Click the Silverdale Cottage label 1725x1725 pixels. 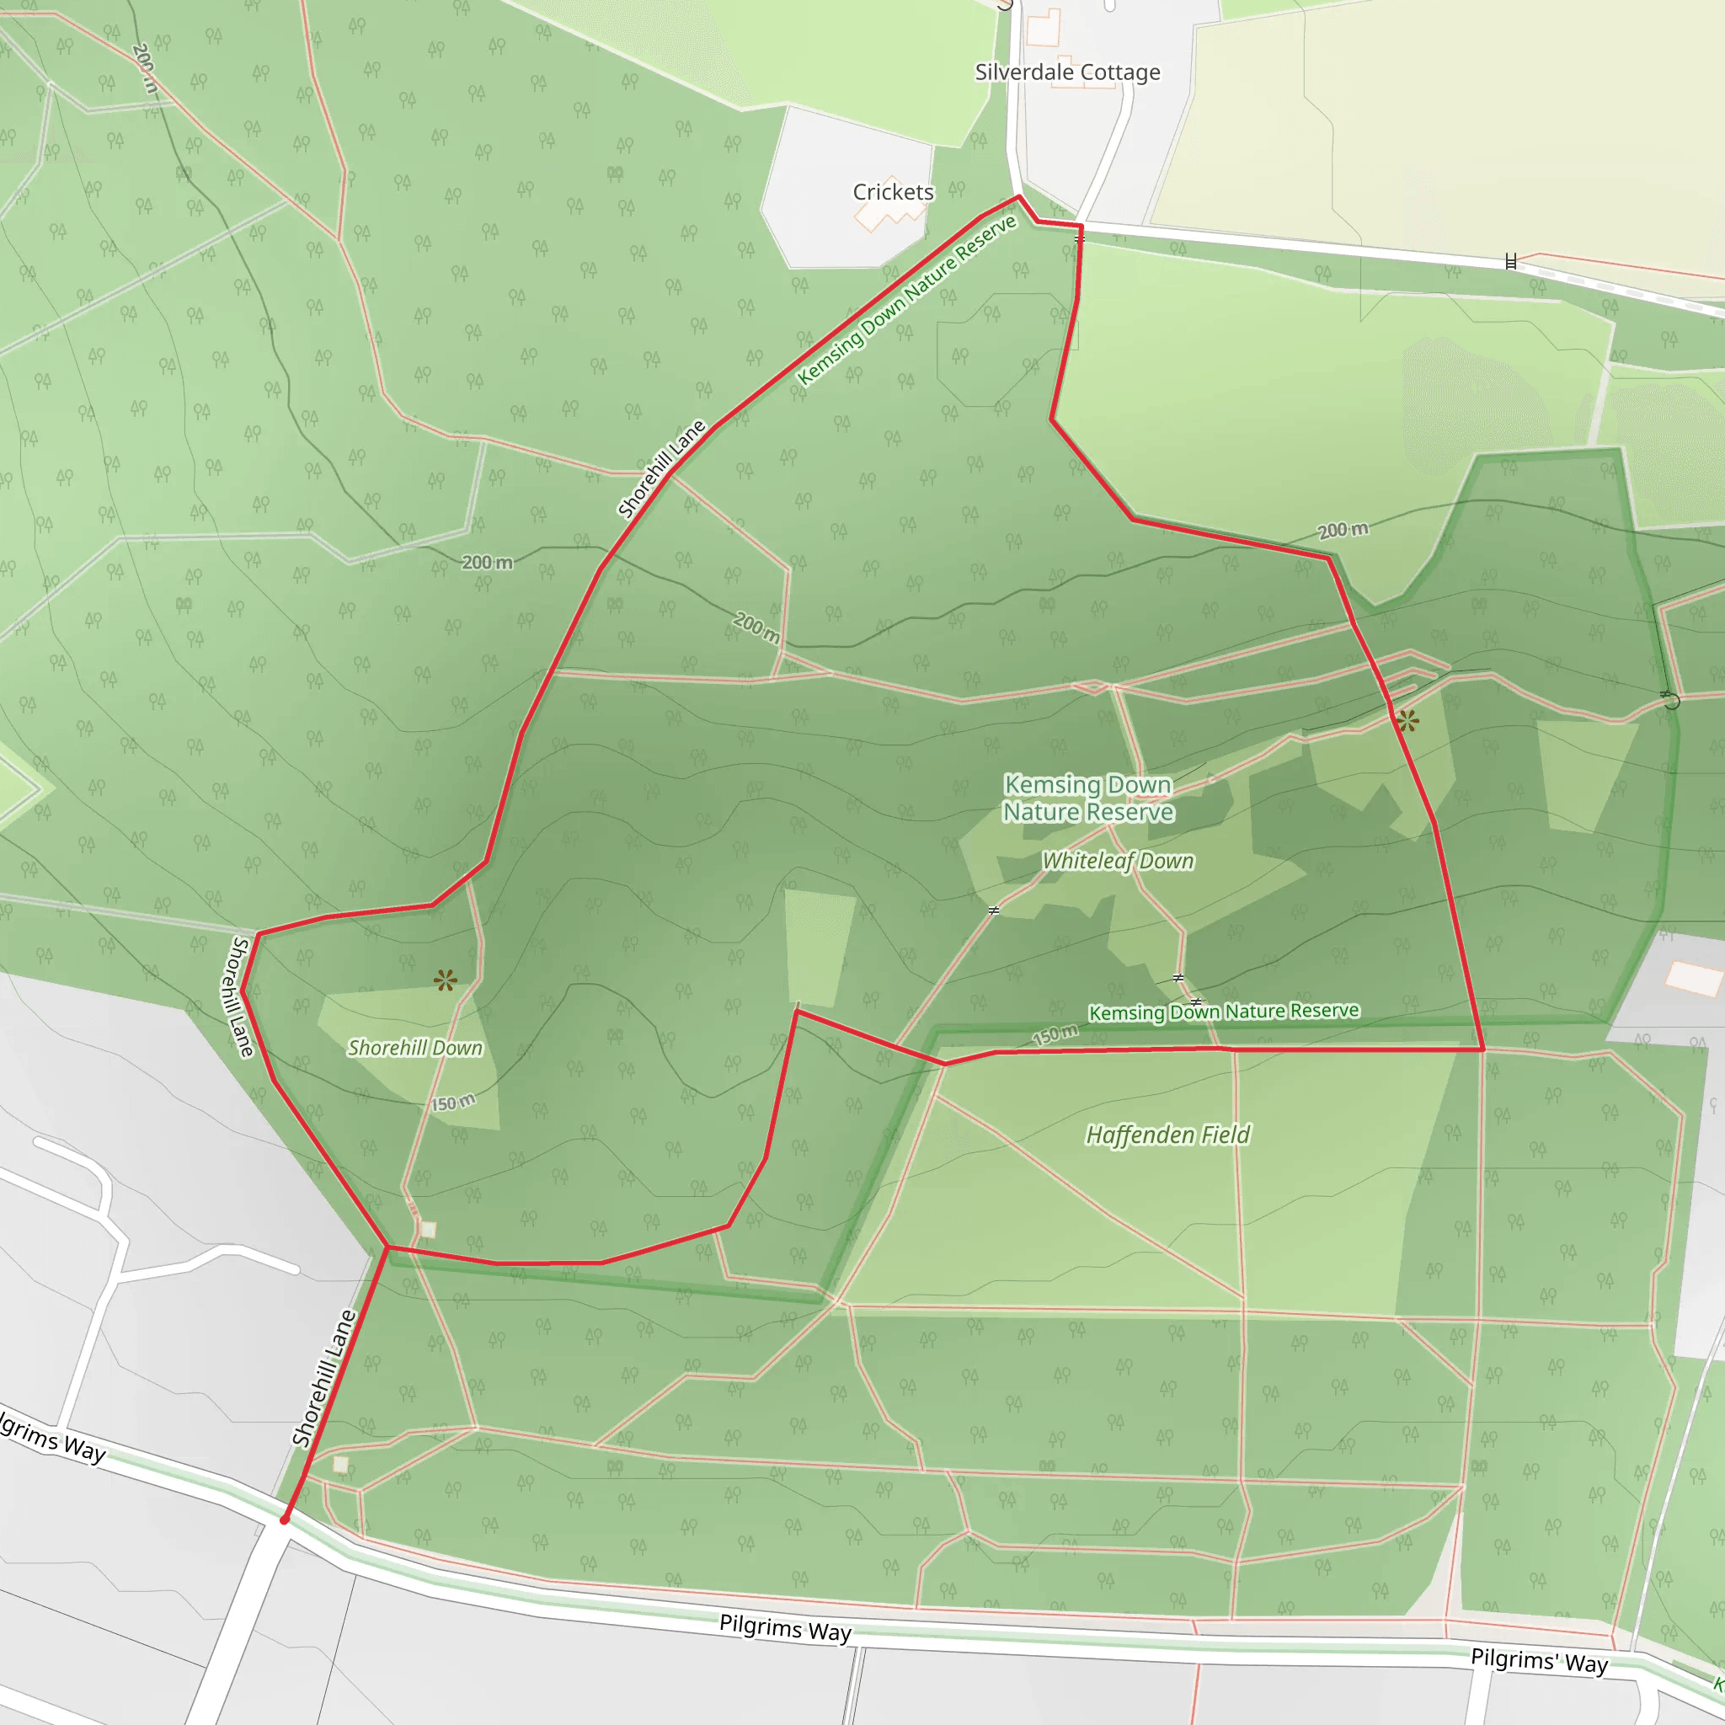1067,72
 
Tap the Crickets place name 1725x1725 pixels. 893,192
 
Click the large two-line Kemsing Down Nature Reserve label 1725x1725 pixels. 1087,798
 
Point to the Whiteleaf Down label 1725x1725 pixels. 1118,861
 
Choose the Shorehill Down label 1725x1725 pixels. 414,1047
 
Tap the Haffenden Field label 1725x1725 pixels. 1168,1135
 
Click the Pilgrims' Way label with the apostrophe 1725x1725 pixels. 1540,1661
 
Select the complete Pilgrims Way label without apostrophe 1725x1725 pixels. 786,1627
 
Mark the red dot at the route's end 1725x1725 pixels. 285,1519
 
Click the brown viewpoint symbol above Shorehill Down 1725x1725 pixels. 446,980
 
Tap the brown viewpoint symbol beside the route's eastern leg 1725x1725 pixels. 1408,720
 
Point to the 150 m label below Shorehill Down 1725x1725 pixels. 454,1103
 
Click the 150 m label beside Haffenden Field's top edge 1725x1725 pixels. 1055,1035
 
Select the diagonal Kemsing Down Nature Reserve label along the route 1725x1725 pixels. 907,299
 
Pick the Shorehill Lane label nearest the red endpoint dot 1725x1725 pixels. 324,1378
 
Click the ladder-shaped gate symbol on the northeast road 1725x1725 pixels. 1511,262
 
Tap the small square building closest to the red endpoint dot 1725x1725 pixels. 340,1464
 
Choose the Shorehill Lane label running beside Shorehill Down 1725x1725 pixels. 238,996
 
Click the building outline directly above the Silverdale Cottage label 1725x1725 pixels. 1042,28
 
